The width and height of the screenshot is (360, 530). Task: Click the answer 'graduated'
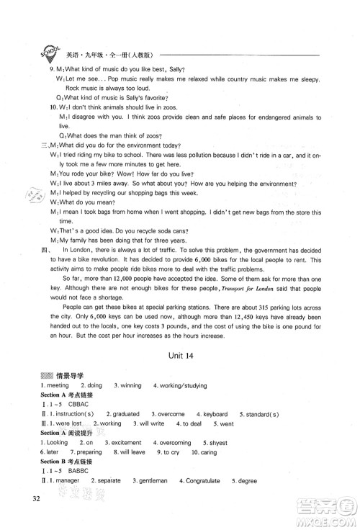(125, 415)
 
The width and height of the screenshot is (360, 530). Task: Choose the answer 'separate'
(114, 499)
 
